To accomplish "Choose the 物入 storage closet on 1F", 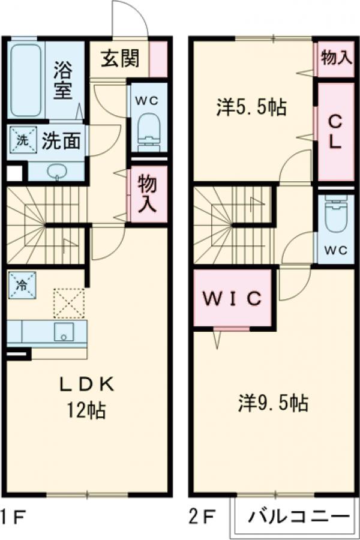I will pyautogui.click(x=148, y=193).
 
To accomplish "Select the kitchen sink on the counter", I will pyautogui.click(x=64, y=332).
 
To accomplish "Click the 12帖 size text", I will pyautogui.click(x=86, y=411).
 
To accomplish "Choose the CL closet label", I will pyautogui.click(x=335, y=132).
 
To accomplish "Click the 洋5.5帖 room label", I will pyautogui.click(x=251, y=108).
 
